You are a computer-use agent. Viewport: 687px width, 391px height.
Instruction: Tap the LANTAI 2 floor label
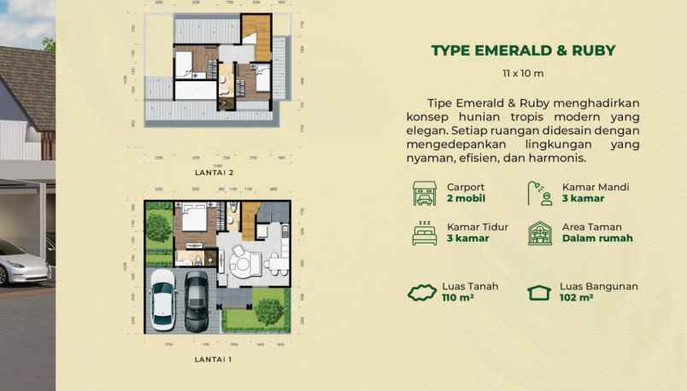(x=214, y=172)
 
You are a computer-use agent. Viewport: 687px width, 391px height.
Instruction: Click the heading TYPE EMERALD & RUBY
(x=524, y=50)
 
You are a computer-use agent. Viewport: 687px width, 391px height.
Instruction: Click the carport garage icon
(x=424, y=193)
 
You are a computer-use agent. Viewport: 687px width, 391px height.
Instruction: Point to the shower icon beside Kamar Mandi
(x=539, y=193)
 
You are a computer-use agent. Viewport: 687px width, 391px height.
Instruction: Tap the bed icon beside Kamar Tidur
(x=424, y=232)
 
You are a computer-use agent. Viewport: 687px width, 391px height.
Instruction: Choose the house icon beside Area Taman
(x=539, y=232)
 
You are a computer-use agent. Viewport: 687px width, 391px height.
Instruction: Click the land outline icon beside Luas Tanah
(x=422, y=293)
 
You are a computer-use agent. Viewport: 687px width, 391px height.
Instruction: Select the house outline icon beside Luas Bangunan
(x=538, y=293)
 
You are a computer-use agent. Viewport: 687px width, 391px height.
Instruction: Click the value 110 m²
(x=458, y=298)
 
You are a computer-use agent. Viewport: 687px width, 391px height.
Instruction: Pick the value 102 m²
(x=577, y=298)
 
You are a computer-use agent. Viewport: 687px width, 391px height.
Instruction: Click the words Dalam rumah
(x=597, y=238)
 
